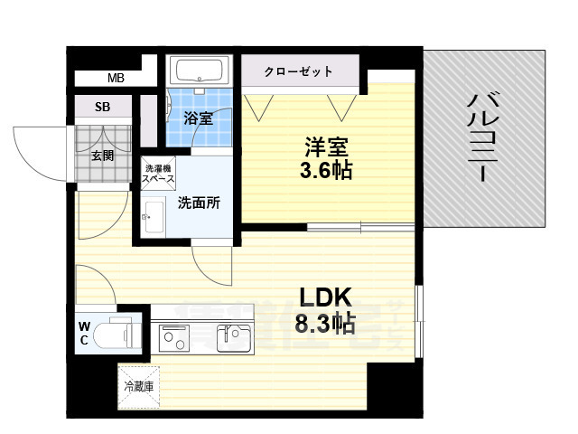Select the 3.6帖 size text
point(326,170)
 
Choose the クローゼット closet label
point(299,71)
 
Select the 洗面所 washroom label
point(198,203)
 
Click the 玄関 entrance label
point(102,155)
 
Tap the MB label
point(116,80)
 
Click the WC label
point(83,333)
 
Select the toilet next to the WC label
point(117,333)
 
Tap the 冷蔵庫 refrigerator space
point(138,387)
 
